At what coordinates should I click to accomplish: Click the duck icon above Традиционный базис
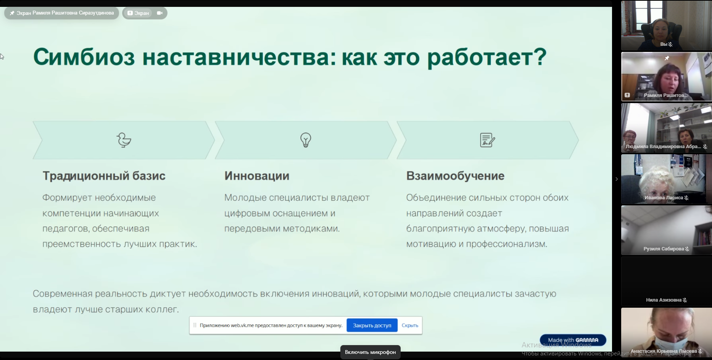pyautogui.click(x=124, y=140)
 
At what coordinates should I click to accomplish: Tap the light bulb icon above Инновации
pyautogui.click(x=306, y=140)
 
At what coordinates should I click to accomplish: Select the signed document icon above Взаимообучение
pyautogui.click(x=488, y=140)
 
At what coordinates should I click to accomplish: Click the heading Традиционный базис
pyautogui.click(x=104, y=176)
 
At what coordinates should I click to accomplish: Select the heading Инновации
pyautogui.click(x=257, y=176)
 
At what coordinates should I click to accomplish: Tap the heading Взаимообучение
pyautogui.click(x=455, y=176)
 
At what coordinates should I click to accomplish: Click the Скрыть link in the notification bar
pyautogui.click(x=410, y=325)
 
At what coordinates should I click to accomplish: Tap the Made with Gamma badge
pyautogui.click(x=573, y=340)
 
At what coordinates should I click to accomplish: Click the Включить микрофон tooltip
pyautogui.click(x=370, y=352)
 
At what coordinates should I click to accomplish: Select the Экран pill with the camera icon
pyautogui.click(x=145, y=13)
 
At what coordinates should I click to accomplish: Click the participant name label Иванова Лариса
pyautogui.click(x=664, y=198)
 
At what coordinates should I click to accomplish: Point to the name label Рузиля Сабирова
pyautogui.click(x=664, y=249)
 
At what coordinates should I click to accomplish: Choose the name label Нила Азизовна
pyautogui.click(x=664, y=300)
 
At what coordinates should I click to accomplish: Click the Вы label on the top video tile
pyautogui.click(x=664, y=44)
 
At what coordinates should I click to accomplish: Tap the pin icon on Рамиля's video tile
pyautogui.click(x=667, y=58)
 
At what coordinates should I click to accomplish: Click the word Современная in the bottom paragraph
pyautogui.click(x=63, y=294)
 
